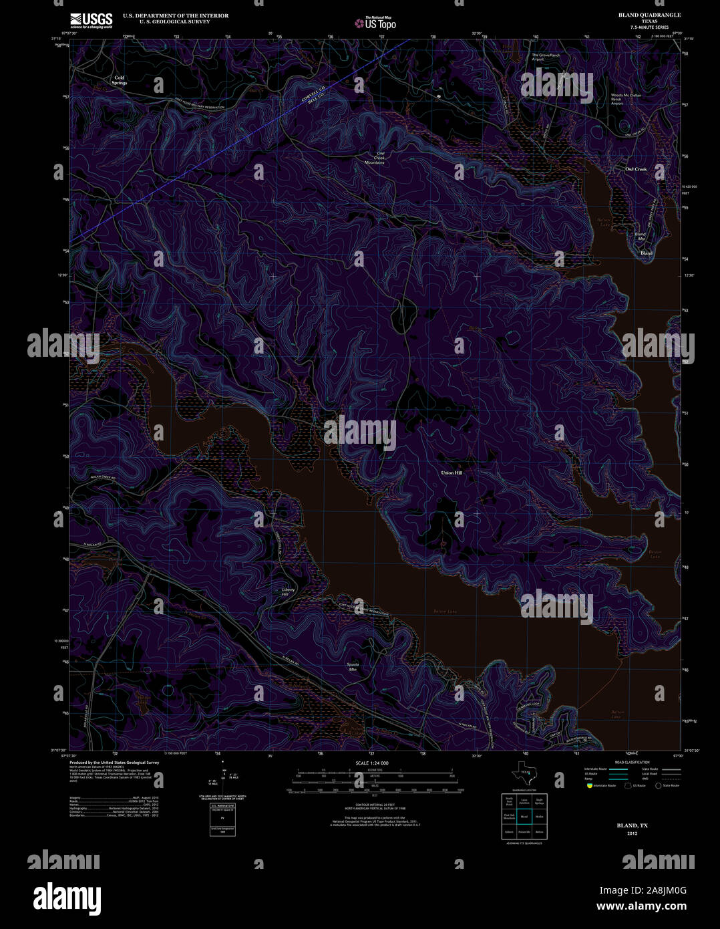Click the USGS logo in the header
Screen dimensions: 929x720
pyautogui.click(x=92, y=20)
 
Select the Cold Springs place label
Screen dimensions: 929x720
pyautogui.click(x=120, y=80)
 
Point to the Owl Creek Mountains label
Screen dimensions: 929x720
pyautogui.click(x=375, y=158)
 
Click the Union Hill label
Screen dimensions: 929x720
pyautogui.click(x=452, y=473)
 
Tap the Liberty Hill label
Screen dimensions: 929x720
pyautogui.click(x=288, y=591)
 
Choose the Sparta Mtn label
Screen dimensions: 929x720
pyautogui.click(x=353, y=666)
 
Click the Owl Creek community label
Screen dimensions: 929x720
pyautogui.click(x=636, y=169)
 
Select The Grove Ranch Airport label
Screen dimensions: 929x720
pyautogui.click(x=545, y=57)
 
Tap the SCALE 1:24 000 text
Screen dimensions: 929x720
pyautogui.click(x=372, y=763)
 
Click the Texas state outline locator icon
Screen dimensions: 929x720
pyautogui.click(x=524, y=773)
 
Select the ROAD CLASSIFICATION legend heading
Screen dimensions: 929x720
pyautogui.click(x=631, y=763)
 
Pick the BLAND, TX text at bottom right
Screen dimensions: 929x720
pyautogui.click(x=632, y=825)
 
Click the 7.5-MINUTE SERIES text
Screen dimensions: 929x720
pyautogui.click(x=649, y=27)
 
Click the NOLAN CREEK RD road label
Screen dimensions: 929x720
pyautogui.click(x=100, y=479)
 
